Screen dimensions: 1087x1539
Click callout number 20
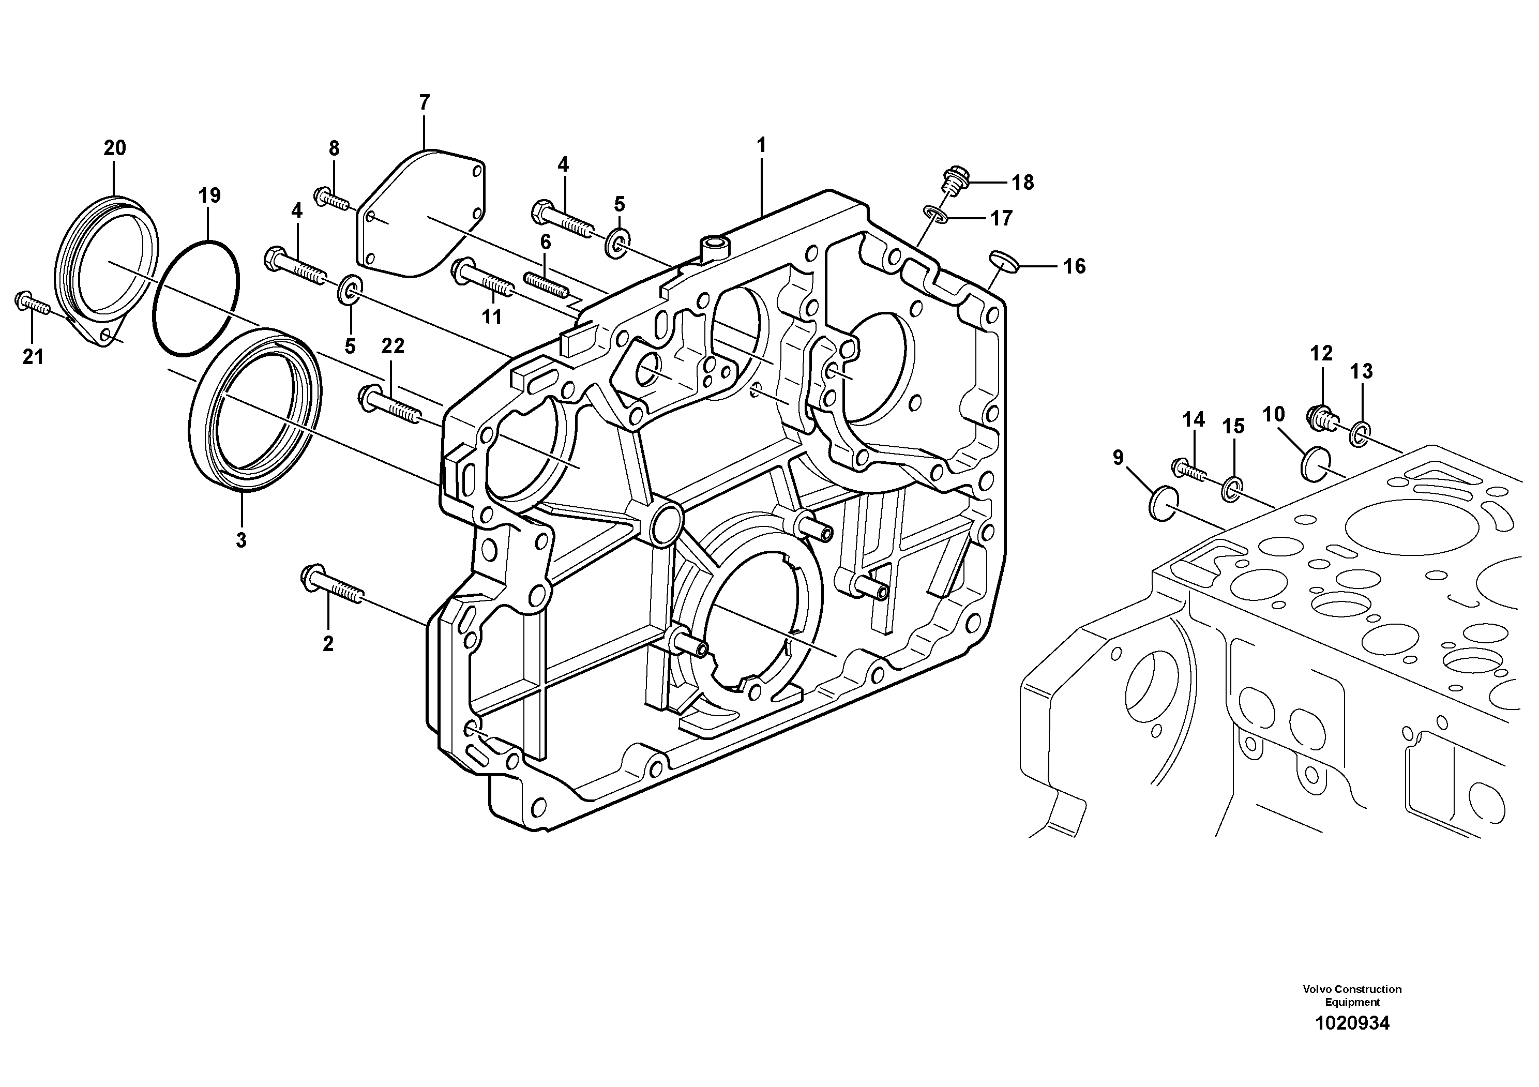(115, 148)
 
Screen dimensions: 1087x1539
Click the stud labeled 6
(546, 281)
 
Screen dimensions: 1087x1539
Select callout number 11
(492, 316)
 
